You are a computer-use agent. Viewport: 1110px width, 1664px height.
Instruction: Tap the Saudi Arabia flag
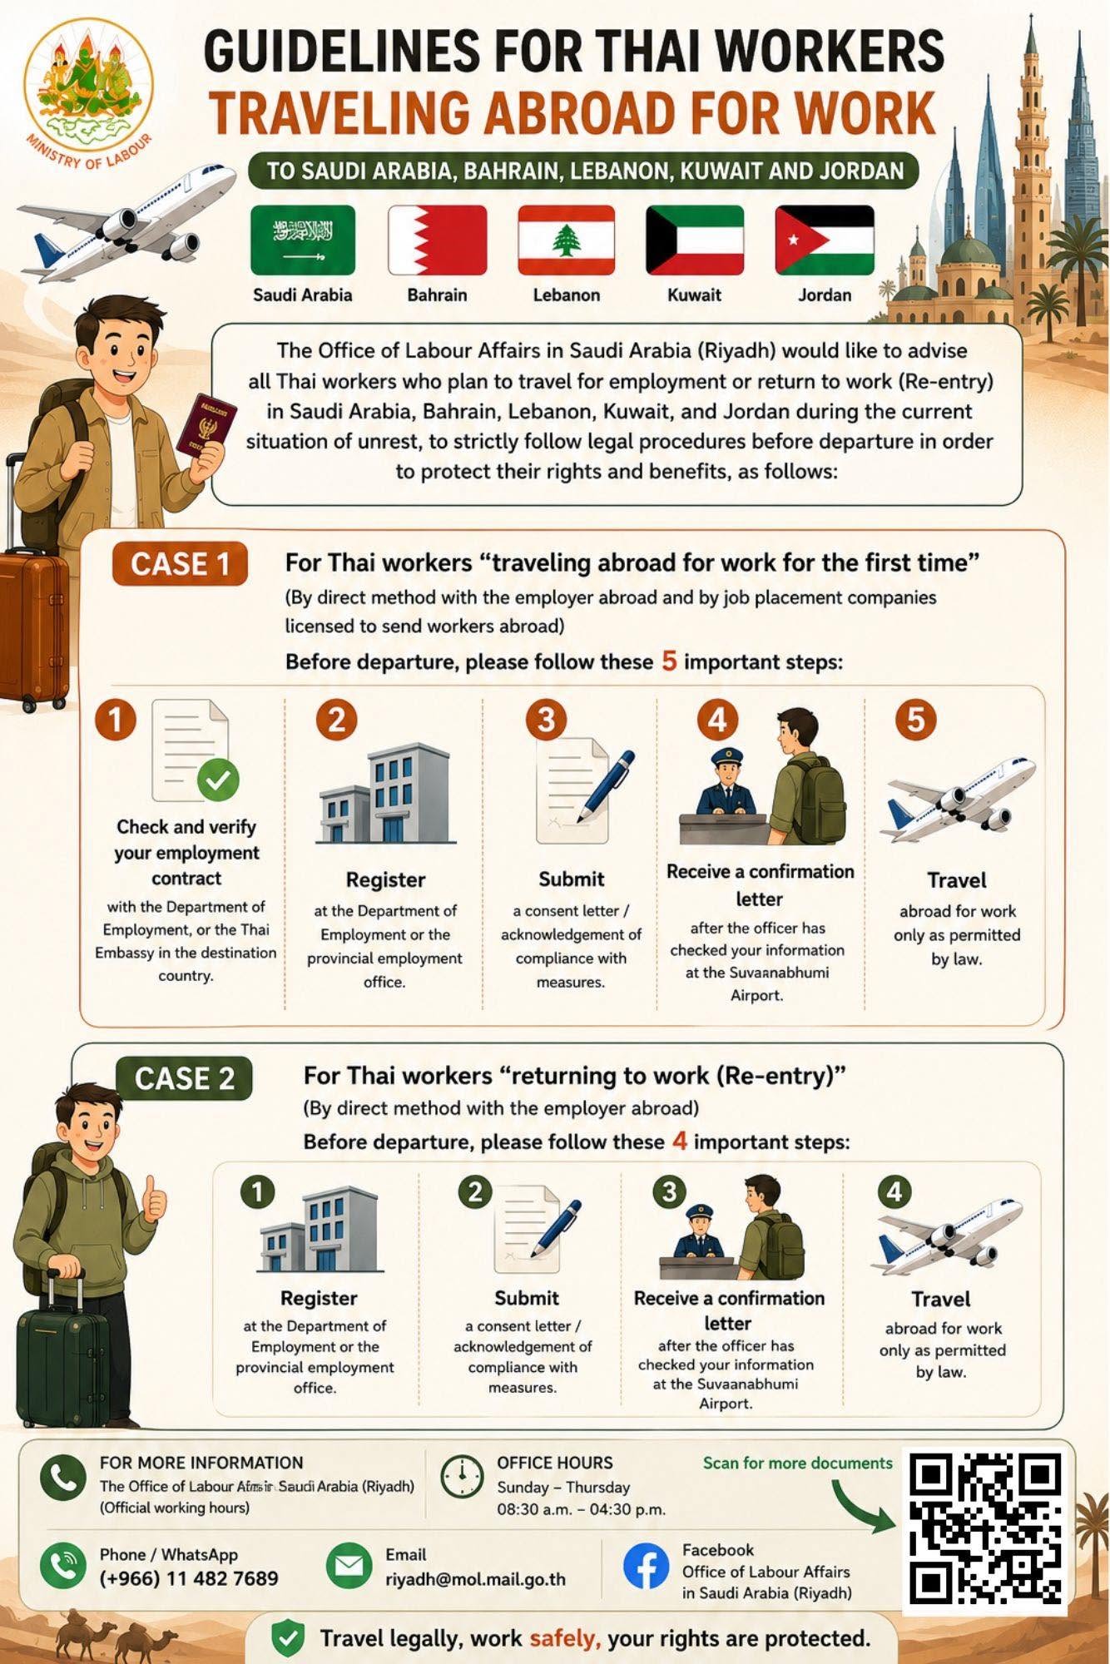(x=303, y=240)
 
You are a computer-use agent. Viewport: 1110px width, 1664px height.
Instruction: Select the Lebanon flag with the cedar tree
(x=566, y=240)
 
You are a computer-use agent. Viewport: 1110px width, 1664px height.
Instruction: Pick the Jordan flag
(x=825, y=240)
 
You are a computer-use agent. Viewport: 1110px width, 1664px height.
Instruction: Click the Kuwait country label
(x=694, y=295)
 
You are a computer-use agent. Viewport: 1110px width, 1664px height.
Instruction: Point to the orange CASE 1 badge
(x=180, y=564)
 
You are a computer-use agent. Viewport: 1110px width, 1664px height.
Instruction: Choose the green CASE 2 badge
(x=184, y=1078)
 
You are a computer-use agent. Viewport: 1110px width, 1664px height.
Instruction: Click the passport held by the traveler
(x=206, y=426)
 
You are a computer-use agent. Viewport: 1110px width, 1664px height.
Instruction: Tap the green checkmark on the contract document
(x=218, y=780)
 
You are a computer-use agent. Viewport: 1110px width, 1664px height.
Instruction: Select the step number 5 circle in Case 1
(x=915, y=720)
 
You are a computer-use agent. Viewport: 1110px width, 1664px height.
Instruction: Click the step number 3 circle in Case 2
(x=670, y=1192)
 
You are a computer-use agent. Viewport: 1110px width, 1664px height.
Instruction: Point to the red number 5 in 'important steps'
(x=669, y=661)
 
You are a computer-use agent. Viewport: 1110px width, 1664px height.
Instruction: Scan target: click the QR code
(x=985, y=1528)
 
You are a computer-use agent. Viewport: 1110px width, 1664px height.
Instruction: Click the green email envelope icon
(x=349, y=1566)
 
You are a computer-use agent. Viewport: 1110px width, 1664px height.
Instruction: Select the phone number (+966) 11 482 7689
(x=189, y=1578)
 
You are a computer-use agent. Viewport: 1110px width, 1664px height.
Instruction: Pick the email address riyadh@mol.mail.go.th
(x=475, y=1579)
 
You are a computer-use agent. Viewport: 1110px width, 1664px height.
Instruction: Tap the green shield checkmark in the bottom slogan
(x=287, y=1638)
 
